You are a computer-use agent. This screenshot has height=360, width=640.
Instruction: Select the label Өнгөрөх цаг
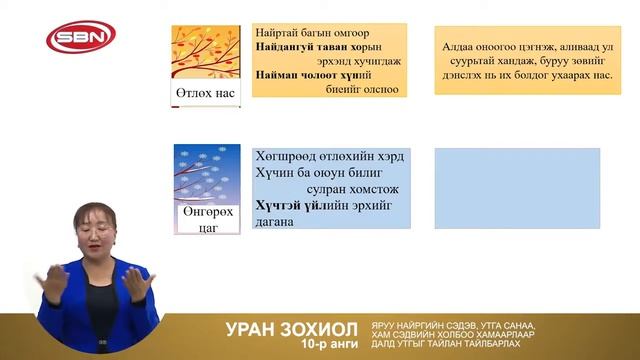pos(207,220)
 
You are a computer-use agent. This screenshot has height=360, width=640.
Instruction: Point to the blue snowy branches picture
pos(207,174)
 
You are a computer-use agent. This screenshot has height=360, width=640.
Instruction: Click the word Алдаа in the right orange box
pos(458,46)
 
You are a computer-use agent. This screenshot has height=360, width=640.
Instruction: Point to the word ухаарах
pos(546,74)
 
